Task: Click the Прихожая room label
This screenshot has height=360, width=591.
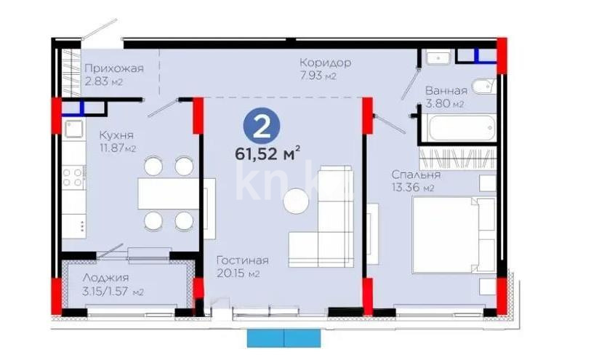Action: click(x=113, y=68)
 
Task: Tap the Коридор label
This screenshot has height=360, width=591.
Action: click(x=325, y=63)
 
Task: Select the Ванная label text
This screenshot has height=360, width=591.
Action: click(x=446, y=91)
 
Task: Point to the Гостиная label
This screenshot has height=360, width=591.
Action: click(x=243, y=260)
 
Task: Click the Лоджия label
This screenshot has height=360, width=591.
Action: click(x=105, y=278)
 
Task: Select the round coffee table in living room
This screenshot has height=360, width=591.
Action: click(x=297, y=201)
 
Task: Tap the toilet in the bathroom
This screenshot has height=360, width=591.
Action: click(x=483, y=87)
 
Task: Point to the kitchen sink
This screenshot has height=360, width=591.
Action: click(x=73, y=130)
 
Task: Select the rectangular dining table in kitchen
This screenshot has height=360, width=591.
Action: click(x=169, y=193)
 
